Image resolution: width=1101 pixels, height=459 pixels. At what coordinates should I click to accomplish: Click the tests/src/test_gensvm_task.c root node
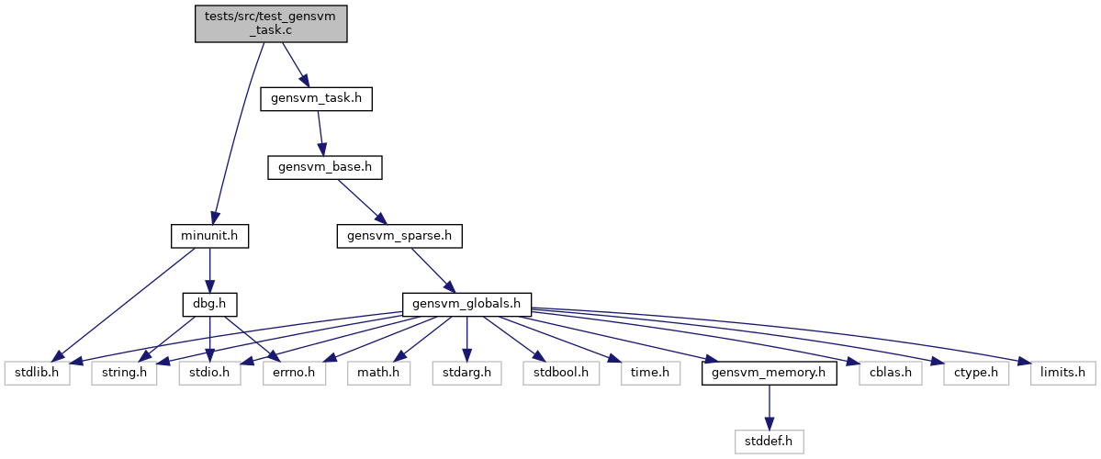pos(271,24)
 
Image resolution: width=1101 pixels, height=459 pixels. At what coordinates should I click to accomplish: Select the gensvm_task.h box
pos(316,99)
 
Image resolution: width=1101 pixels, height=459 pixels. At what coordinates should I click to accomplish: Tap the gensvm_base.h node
pos(324,168)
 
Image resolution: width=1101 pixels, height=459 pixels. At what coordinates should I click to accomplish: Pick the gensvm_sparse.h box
pos(399,237)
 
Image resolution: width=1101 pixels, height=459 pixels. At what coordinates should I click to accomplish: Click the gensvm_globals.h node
pos(467,305)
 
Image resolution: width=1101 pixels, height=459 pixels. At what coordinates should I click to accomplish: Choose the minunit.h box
pos(209,237)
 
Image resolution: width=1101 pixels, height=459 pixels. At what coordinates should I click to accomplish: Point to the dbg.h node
pos(209,305)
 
